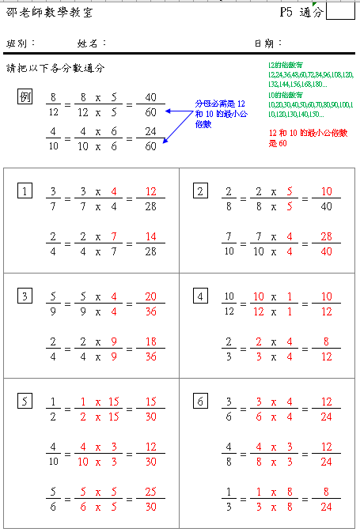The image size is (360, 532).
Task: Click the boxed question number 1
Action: [26, 191]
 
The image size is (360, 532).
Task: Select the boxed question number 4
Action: [200, 296]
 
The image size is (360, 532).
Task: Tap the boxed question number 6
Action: [200, 402]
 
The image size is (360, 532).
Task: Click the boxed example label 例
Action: [25, 96]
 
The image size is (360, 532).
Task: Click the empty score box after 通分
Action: [340, 10]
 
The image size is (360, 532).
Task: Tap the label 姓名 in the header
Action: [90, 43]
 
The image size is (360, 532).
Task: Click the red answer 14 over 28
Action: [150, 243]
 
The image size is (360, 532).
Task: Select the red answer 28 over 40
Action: [324, 243]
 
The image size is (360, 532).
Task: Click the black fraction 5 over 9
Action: [54, 304]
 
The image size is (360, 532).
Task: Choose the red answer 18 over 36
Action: [150, 348]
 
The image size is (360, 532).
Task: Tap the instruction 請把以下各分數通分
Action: [55, 69]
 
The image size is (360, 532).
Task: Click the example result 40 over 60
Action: [150, 104]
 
